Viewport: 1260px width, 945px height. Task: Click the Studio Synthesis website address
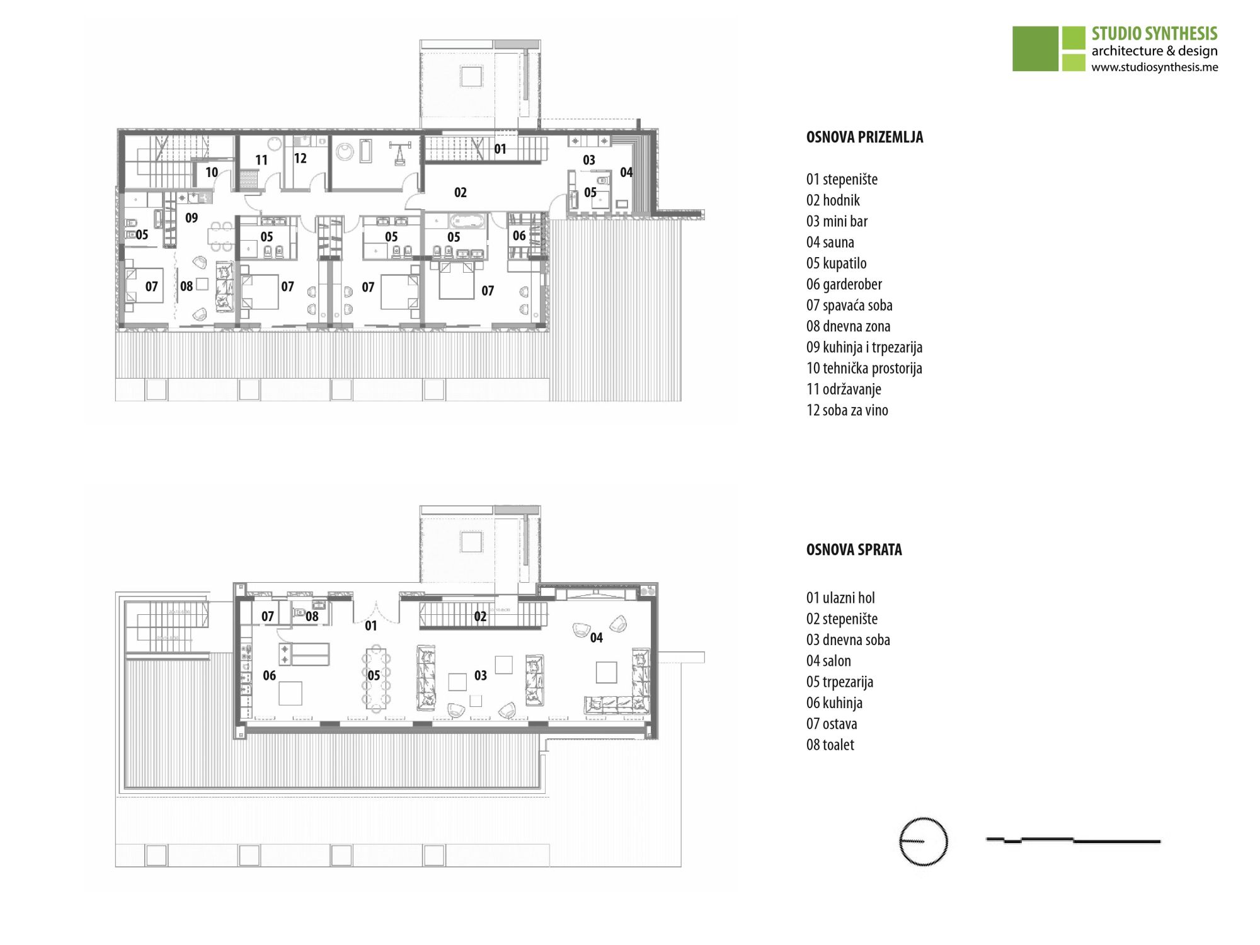click(x=1154, y=67)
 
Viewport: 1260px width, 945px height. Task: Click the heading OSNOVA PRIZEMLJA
click(x=864, y=137)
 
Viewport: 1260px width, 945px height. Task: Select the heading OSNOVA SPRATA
click(x=854, y=550)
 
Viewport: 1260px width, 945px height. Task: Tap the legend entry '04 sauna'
click(x=830, y=243)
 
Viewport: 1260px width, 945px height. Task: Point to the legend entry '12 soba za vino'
click(x=847, y=410)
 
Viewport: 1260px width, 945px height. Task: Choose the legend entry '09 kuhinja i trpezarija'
click(x=864, y=347)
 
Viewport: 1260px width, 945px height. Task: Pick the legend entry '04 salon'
click(x=828, y=661)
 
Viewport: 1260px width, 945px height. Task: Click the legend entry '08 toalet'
click(x=830, y=745)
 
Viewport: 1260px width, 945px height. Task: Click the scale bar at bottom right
click(x=1073, y=840)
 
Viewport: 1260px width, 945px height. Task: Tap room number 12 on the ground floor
click(x=301, y=158)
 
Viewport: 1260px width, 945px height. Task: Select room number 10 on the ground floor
click(x=212, y=172)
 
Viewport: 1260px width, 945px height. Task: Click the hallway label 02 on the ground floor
click(x=461, y=193)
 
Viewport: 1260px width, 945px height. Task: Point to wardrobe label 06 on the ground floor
click(x=519, y=236)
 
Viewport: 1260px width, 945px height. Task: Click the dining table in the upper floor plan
click(x=376, y=677)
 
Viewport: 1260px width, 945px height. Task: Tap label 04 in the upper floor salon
click(x=596, y=638)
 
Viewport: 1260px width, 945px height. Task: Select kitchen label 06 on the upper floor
click(x=269, y=675)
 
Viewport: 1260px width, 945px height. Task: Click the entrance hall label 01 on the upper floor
click(x=371, y=626)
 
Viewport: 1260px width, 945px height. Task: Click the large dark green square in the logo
click(x=1035, y=49)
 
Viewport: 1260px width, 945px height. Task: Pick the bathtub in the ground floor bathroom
click(x=467, y=221)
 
